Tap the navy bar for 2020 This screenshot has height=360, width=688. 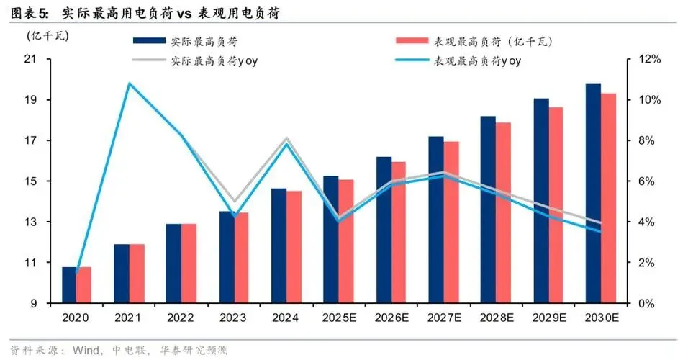(69, 284)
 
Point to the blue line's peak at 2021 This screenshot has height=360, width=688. (130, 84)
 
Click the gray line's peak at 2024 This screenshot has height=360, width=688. (286, 138)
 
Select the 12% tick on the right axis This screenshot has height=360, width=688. (643, 59)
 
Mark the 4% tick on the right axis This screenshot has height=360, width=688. (641, 222)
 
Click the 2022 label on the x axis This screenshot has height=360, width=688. (180, 318)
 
